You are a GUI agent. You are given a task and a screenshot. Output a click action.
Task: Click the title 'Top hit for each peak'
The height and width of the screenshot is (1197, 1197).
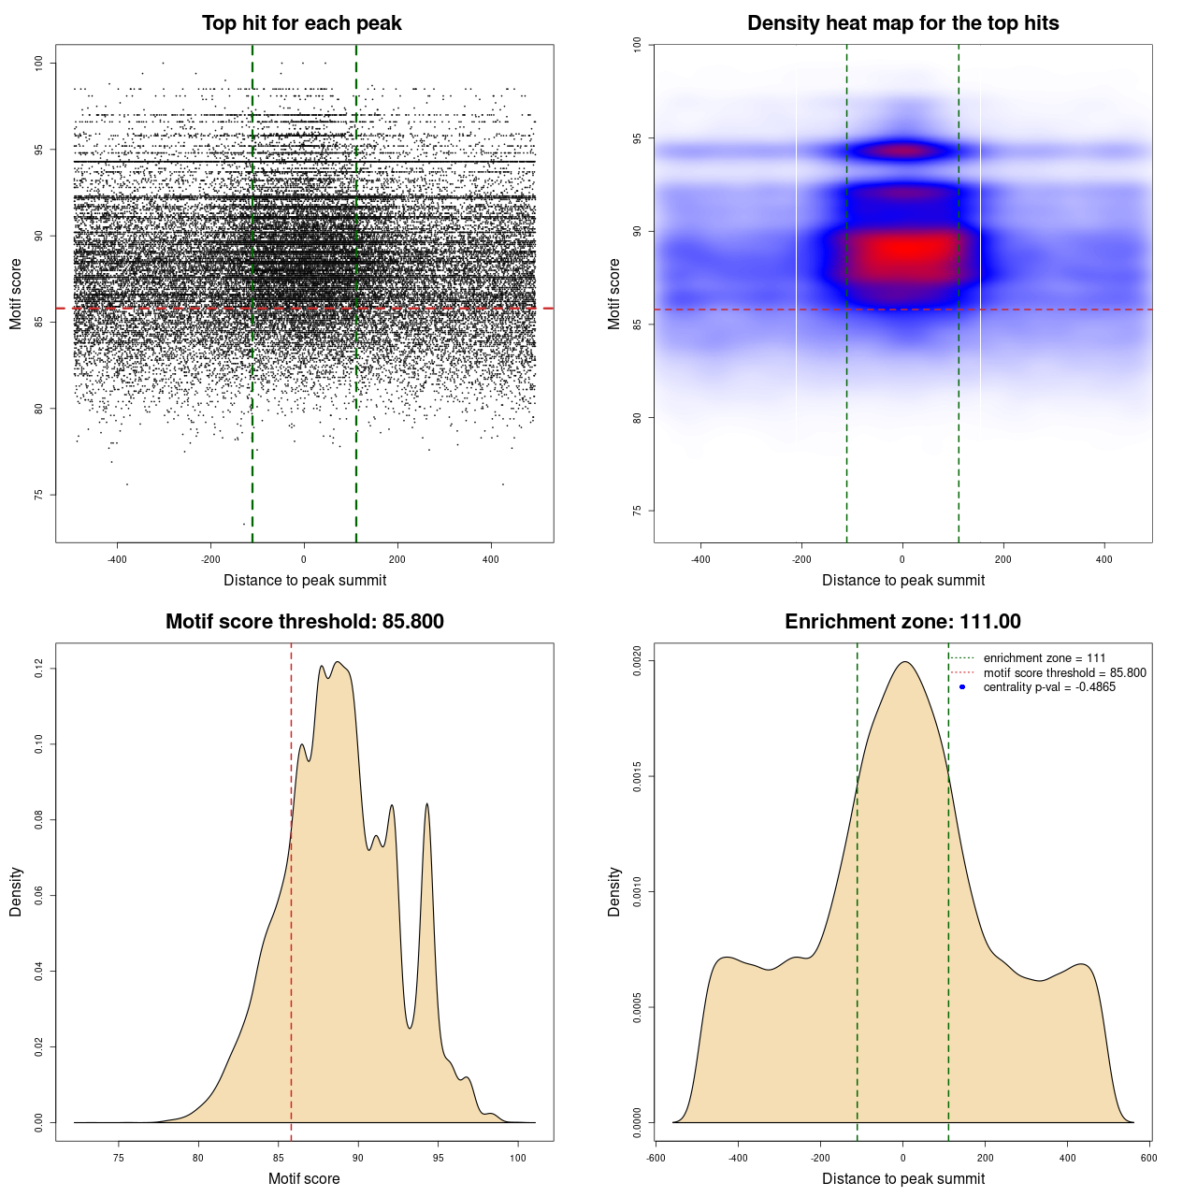click(x=301, y=23)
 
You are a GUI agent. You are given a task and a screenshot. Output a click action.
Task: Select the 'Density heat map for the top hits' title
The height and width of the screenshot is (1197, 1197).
click(x=902, y=23)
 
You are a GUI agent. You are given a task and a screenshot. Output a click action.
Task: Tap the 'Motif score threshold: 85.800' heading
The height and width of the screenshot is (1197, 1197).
click(x=304, y=622)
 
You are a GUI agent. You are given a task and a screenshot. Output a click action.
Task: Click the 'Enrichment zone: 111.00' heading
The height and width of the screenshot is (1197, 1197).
click(x=902, y=622)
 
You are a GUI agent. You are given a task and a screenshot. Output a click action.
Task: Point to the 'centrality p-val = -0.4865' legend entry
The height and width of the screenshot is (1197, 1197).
click(x=1049, y=687)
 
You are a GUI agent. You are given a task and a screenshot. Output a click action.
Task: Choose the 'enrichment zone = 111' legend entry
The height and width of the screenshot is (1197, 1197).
click(x=1044, y=658)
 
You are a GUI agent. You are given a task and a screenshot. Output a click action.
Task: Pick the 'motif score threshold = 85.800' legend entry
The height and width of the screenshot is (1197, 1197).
click(x=1064, y=672)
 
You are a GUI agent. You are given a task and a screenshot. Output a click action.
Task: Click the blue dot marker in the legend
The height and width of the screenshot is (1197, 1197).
click(x=962, y=687)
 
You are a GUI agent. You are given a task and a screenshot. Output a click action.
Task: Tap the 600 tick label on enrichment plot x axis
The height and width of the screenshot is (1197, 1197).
click(x=1149, y=1158)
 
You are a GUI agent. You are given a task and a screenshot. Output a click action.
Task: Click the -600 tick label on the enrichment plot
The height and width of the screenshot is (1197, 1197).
click(x=656, y=1158)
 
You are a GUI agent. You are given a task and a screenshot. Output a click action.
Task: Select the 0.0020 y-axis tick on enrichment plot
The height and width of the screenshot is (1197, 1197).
click(x=638, y=661)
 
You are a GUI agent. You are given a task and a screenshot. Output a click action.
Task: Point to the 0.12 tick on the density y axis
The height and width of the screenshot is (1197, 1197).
click(x=39, y=669)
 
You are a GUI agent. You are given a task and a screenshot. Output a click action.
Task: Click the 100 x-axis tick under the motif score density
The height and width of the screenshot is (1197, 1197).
click(x=518, y=1158)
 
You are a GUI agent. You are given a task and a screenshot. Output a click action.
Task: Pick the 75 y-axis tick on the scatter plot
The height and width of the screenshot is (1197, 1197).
click(x=39, y=495)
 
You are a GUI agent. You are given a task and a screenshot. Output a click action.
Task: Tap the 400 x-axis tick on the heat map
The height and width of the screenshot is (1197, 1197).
click(x=1104, y=559)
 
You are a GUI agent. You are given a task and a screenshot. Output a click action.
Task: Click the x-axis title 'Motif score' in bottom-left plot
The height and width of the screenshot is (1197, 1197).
click(x=304, y=1178)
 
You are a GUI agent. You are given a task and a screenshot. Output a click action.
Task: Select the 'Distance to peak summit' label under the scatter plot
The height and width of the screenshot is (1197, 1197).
click(x=305, y=580)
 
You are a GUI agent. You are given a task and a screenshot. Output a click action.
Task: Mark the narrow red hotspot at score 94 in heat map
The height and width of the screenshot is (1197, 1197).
click(x=903, y=150)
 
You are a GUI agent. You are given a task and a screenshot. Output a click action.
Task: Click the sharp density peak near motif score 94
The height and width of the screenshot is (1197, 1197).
click(x=427, y=804)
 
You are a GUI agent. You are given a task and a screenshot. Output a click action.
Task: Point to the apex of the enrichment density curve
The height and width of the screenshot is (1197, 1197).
click(x=903, y=662)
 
